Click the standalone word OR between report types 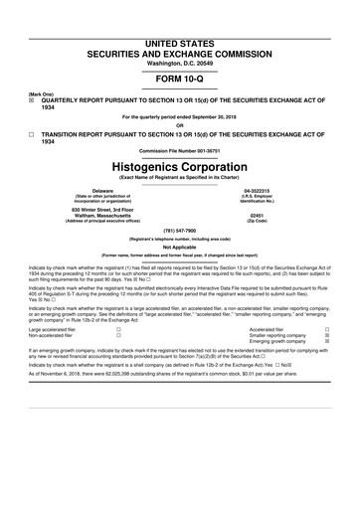pos(179,124)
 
